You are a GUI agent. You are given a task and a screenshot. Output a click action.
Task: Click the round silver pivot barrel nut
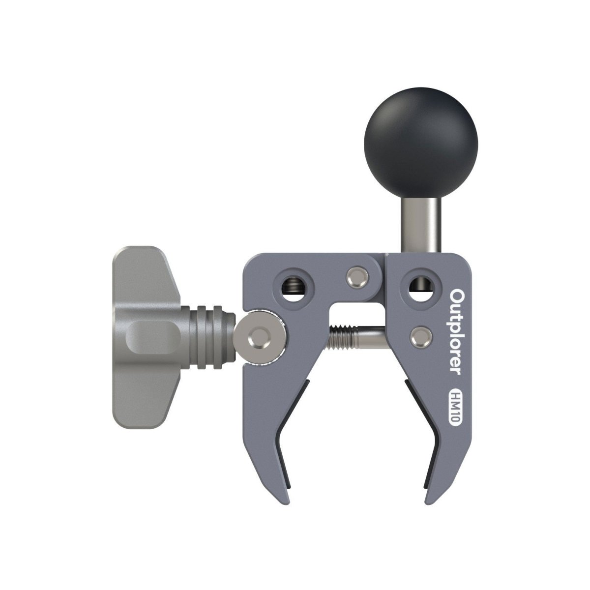(260, 337)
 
